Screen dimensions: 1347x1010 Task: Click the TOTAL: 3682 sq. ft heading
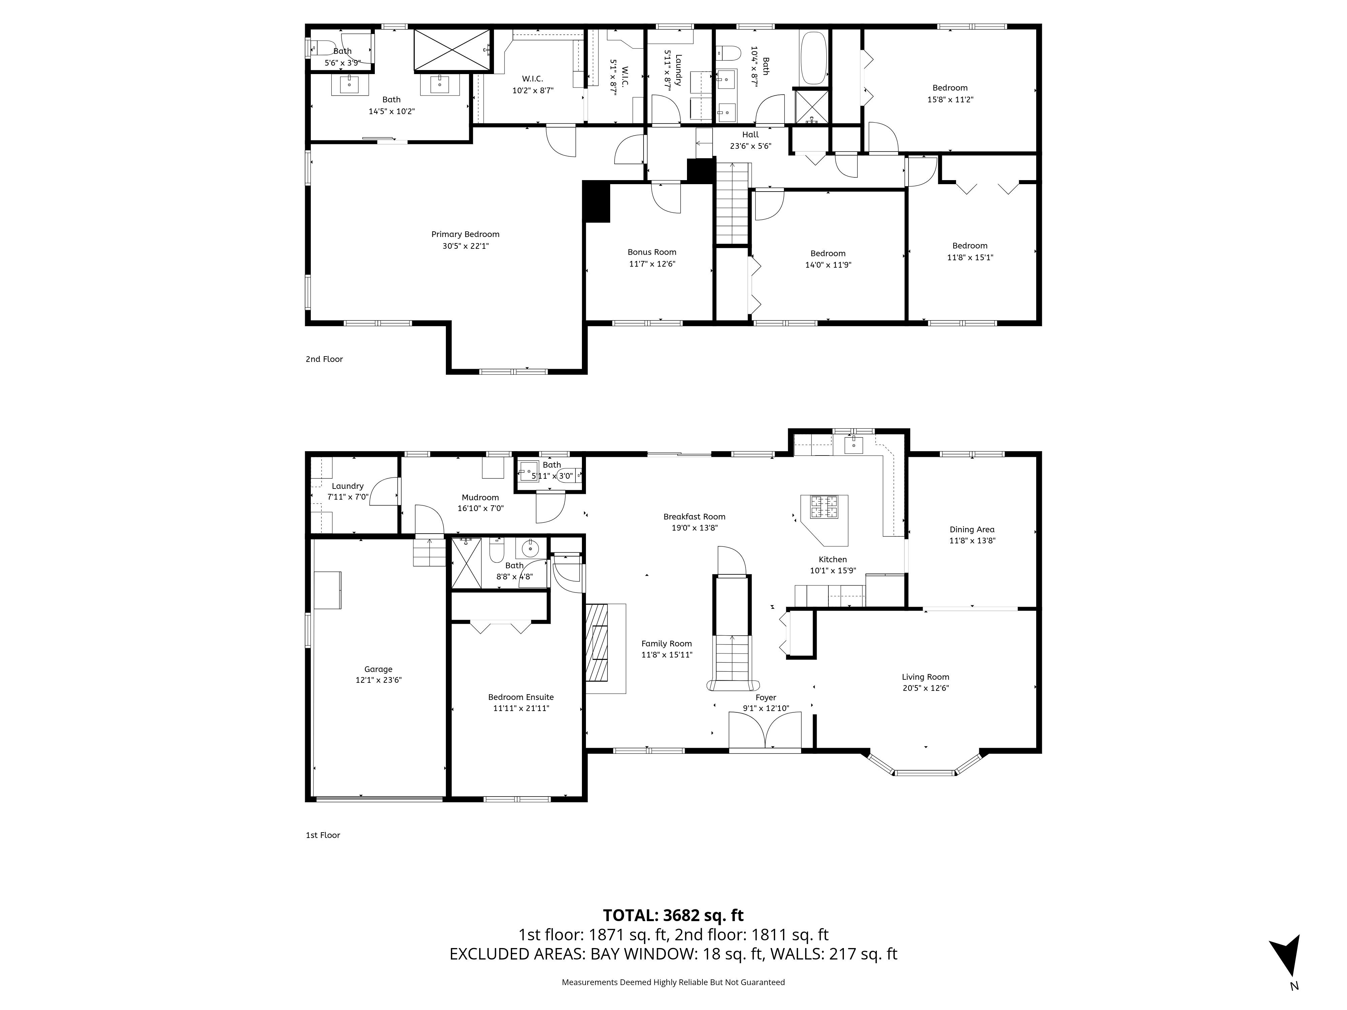[673, 915]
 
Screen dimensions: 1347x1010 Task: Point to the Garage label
[378, 669]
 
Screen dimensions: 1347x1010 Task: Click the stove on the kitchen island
[823, 507]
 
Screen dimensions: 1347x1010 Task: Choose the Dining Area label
[972, 529]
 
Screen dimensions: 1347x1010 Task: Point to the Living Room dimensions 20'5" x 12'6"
[926, 688]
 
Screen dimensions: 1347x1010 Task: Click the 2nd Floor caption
[324, 359]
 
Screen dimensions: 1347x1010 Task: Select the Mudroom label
[481, 497]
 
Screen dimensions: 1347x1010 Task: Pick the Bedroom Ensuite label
[521, 697]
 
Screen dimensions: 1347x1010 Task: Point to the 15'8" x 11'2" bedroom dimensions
[950, 99]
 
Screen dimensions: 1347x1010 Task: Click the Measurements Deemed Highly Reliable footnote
[673, 982]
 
